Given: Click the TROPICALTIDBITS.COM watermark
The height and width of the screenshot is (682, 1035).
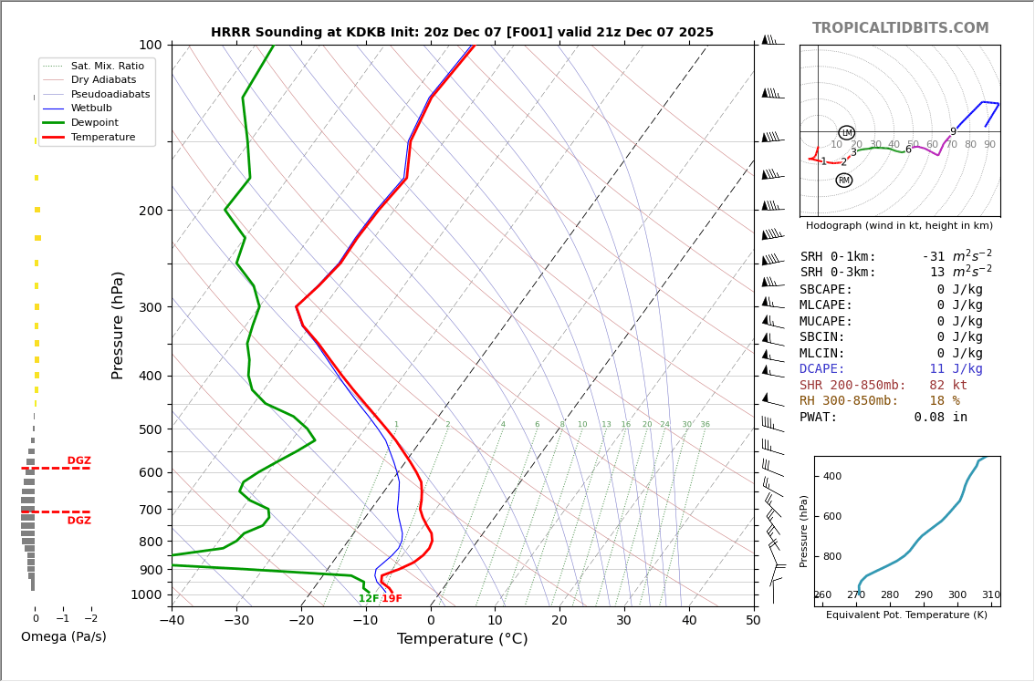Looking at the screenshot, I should [x=900, y=28].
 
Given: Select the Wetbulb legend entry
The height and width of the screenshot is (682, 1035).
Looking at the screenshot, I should [x=90, y=108].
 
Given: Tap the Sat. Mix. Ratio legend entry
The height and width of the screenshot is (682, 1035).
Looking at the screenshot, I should [x=107, y=66].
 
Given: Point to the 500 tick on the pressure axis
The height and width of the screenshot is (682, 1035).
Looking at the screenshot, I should [x=150, y=429].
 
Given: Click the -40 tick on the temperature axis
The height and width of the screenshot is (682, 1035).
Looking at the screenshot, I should [x=172, y=621].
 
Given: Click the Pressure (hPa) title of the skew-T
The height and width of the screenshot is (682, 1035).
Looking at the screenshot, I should [x=118, y=325].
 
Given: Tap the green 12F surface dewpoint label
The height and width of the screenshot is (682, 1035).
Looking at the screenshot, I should [x=368, y=599].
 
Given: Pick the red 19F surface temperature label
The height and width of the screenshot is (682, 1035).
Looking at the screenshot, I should [x=392, y=599].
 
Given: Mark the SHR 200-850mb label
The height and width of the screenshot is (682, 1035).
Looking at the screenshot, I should [x=852, y=386].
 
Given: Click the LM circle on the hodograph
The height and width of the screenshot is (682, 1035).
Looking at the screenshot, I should [x=846, y=133].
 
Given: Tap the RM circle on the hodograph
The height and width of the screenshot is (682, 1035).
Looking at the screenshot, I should [x=843, y=181].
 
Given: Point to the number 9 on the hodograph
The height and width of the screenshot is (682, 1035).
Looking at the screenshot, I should [x=953, y=132].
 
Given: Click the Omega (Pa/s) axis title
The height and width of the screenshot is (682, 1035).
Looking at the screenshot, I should [x=63, y=637].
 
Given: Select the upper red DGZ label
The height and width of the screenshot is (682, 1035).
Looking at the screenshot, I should [x=78, y=461].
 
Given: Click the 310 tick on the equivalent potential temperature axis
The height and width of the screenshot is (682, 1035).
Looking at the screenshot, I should [x=990, y=595].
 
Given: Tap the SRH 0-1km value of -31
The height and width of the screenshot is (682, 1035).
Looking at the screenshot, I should [x=935, y=257].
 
